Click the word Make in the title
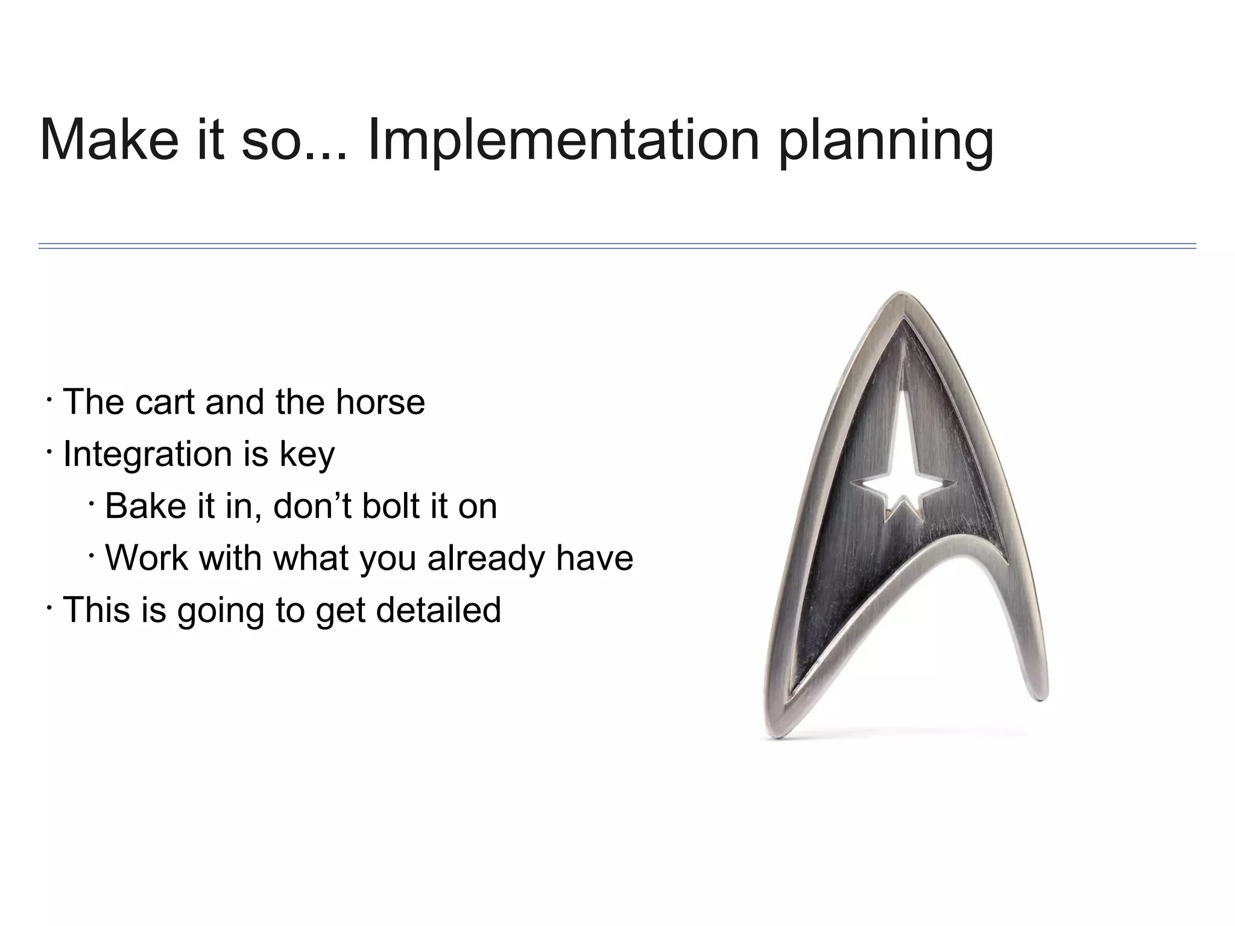(x=109, y=140)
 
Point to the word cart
(x=165, y=402)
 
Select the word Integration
(x=148, y=454)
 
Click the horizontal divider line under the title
(x=617, y=246)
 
